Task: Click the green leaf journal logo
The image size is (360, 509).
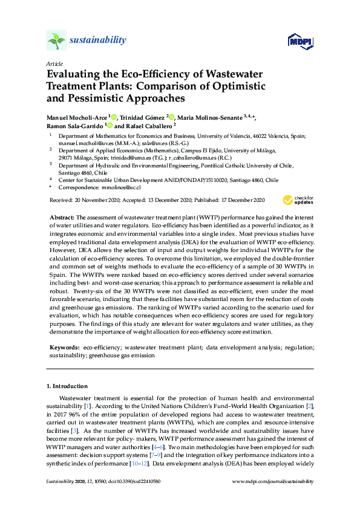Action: point(56,41)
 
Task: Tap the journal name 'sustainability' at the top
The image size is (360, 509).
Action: point(98,41)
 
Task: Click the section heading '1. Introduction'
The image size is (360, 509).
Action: point(67,386)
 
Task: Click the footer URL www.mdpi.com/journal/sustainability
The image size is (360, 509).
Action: point(273,481)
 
